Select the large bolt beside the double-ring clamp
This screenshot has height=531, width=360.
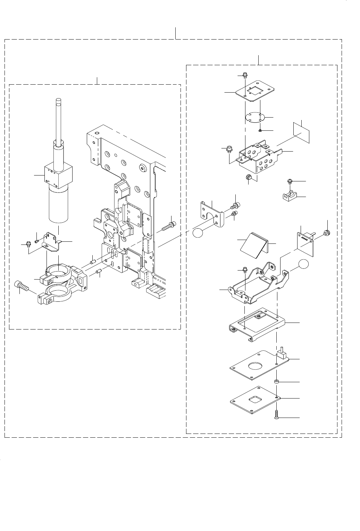click(21, 286)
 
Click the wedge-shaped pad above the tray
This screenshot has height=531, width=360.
click(254, 245)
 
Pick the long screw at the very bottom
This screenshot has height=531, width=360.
click(277, 415)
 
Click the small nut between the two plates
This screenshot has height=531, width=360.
click(277, 382)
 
